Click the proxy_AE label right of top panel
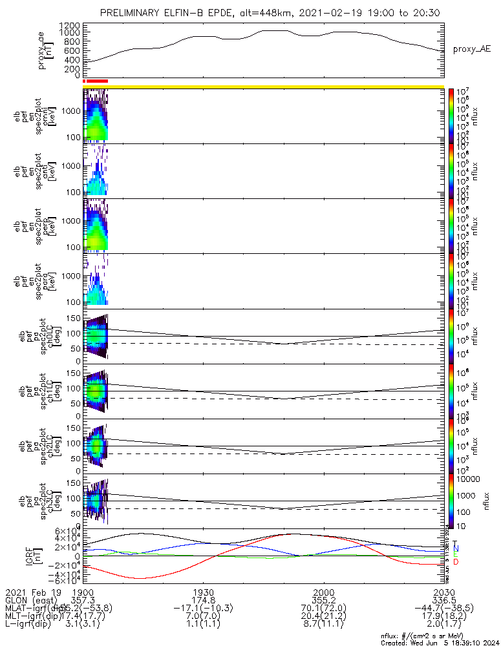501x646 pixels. point(471,49)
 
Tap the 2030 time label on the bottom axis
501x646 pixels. point(443,592)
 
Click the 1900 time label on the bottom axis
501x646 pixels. point(83,592)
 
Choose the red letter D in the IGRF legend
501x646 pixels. point(456,562)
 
